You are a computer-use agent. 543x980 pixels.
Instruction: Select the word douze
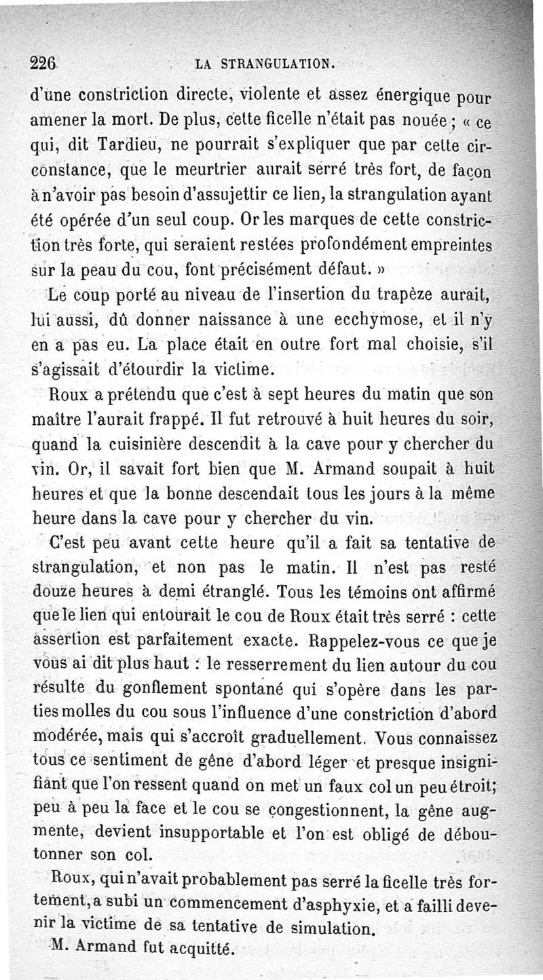(x=54, y=590)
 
